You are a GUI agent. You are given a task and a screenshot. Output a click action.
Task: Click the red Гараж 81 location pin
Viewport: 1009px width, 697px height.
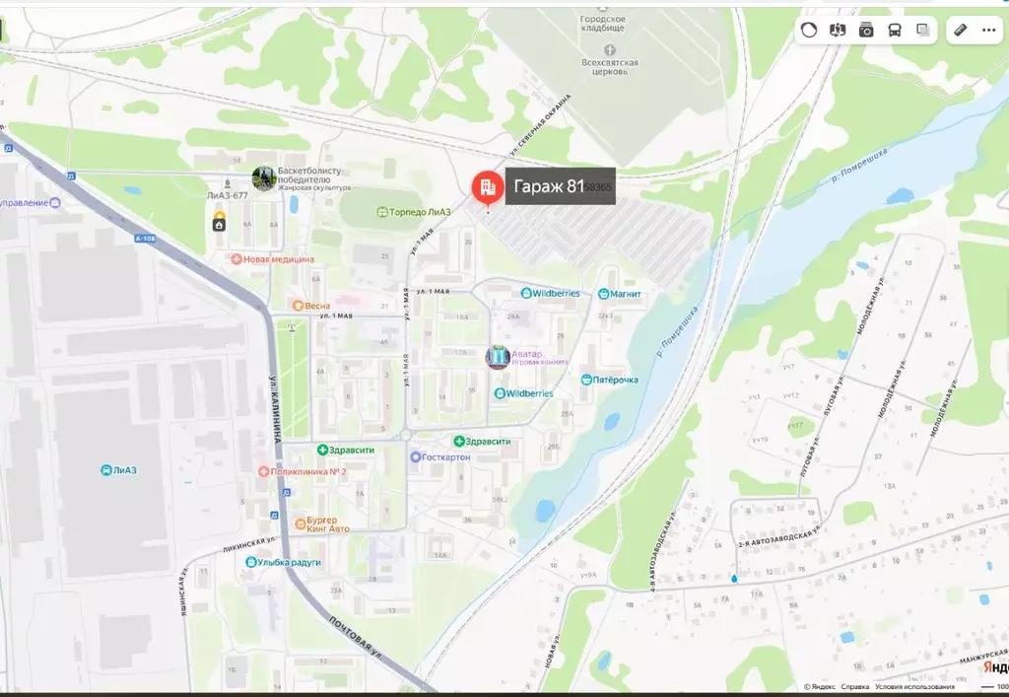(x=486, y=186)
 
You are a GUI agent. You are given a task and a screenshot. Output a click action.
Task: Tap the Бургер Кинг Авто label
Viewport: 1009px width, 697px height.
(x=321, y=523)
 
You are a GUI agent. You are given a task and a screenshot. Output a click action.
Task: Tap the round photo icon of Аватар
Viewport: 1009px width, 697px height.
(x=498, y=357)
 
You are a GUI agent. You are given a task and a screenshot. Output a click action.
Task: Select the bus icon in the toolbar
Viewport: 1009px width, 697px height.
(x=895, y=30)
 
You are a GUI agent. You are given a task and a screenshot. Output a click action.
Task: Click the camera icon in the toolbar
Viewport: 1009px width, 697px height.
(x=866, y=30)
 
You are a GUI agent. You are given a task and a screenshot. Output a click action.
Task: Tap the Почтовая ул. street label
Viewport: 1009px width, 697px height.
(x=356, y=636)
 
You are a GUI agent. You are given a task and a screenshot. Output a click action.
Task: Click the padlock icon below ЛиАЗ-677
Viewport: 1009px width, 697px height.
(x=218, y=225)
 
